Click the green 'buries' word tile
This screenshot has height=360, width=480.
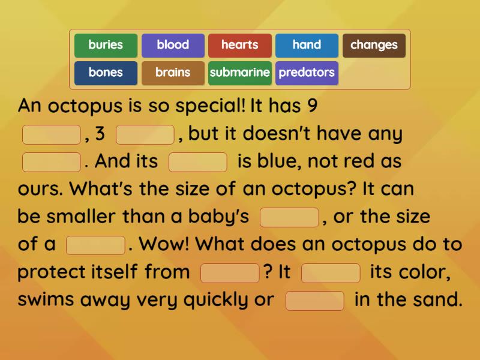click(106, 46)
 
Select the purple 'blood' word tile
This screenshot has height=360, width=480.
click(173, 46)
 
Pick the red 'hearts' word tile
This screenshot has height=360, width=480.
click(240, 46)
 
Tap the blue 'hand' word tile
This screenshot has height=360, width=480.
click(307, 46)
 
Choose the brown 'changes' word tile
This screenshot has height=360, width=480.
click(374, 46)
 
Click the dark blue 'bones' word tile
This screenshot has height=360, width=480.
click(106, 73)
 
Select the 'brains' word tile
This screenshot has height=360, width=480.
click(173, 73)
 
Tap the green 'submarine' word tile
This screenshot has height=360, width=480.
click(240, 73)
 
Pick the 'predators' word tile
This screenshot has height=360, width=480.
click(307, 73)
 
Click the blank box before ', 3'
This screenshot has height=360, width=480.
click(51, 135)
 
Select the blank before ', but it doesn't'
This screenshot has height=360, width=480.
click(145, 135)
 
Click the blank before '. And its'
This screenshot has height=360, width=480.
click(51, 163)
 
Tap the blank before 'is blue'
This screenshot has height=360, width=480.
click(198, 163)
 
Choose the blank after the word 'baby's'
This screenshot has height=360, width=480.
click(289, 218)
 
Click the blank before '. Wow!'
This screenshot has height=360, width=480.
click(95, 245)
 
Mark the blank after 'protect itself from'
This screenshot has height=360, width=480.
click(230, 273)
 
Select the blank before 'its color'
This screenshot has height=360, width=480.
click(331, 273)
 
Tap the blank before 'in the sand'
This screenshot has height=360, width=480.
click(315, 301)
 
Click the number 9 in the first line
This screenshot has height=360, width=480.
click(311, 106)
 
